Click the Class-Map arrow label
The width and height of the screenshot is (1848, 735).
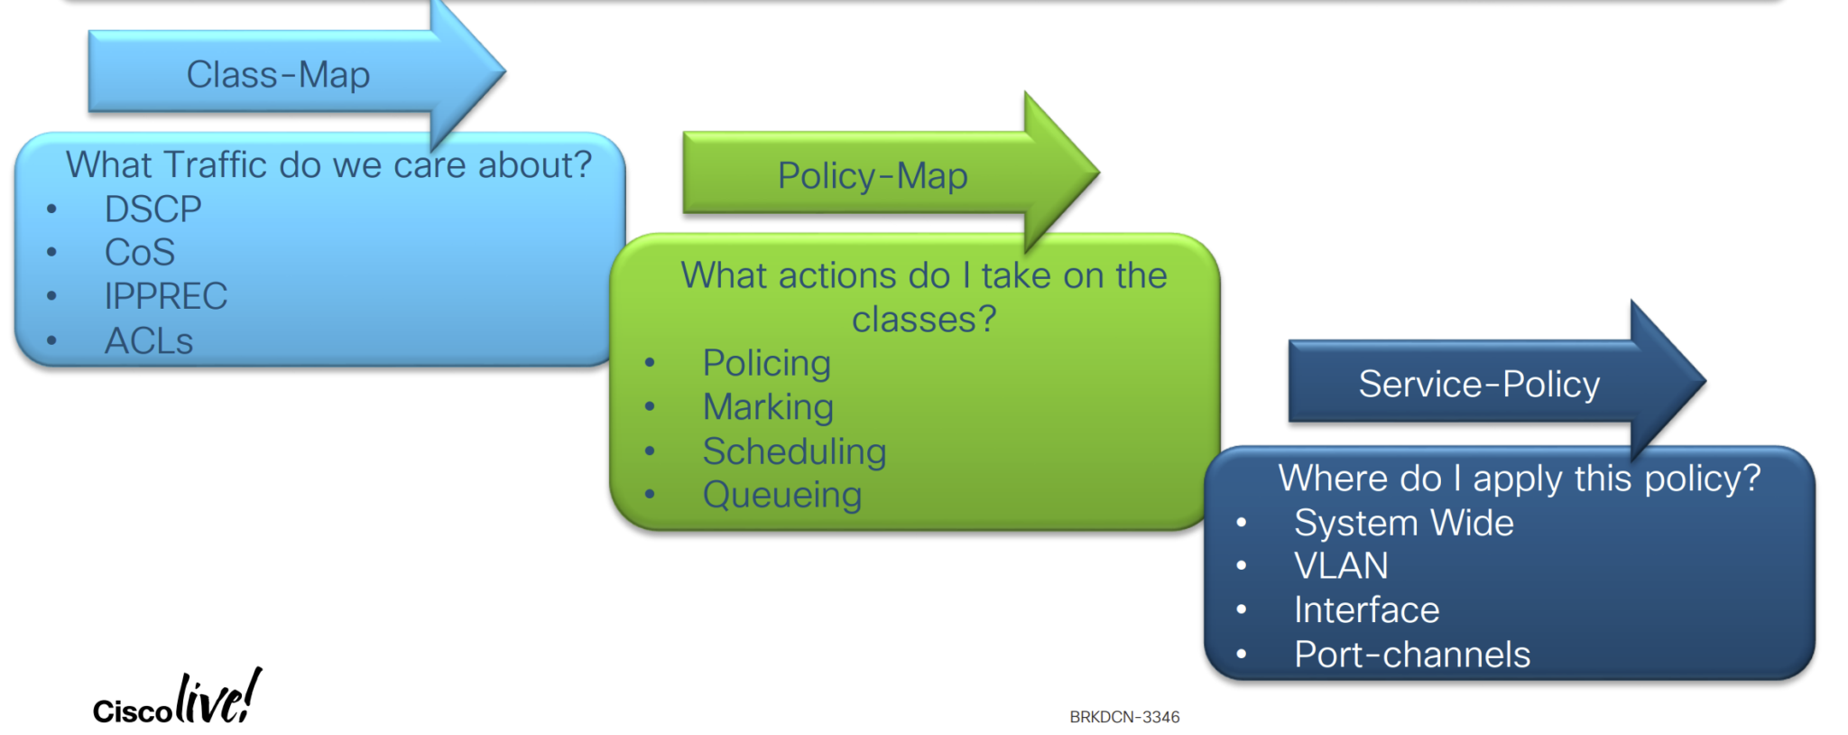tap(278, 74)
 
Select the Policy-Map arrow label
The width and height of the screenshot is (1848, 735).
tap(873, 175)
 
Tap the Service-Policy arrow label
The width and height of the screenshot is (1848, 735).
tap(1479, 384)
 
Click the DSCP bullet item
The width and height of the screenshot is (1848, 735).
tap(152, 209)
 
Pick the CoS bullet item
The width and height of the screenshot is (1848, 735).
tap(140, 252)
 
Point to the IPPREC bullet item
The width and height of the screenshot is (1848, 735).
tap(166, 296)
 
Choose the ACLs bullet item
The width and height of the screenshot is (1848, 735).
tap(149, 340)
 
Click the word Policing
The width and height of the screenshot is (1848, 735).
tap(766, 363)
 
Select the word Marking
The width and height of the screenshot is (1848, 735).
tap(768, 407)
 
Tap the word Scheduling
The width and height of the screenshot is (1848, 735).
tap(794, 451)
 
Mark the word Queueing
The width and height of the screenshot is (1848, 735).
tap(782, 495)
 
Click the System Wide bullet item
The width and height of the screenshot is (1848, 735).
tap(1404, 523)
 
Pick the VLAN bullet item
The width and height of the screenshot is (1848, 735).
tap(1341, 566)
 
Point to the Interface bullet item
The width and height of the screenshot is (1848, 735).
tap(1366, 610)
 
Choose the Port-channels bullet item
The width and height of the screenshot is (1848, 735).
tap(1412, 655)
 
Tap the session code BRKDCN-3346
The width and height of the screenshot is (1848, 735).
tap(1124, 717)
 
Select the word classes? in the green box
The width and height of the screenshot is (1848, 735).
tap(924, 320)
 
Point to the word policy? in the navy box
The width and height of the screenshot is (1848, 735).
tap(1703, 479)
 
